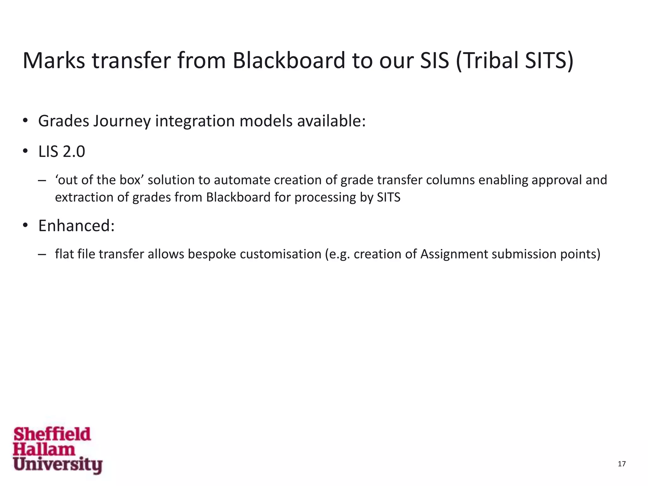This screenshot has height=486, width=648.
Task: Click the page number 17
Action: (621, 464)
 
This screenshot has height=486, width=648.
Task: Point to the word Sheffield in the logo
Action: (52, 434)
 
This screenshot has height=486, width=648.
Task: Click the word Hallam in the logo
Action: (44, 449)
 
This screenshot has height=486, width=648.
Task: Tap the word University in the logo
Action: (58, 464)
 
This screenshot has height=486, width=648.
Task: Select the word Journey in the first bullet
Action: (122, 121)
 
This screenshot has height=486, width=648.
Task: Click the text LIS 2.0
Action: (62, 152)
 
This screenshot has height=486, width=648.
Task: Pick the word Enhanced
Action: (76, 226)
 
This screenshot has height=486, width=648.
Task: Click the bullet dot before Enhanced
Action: (26, 226)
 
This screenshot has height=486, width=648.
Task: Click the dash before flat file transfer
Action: (41, 254)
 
